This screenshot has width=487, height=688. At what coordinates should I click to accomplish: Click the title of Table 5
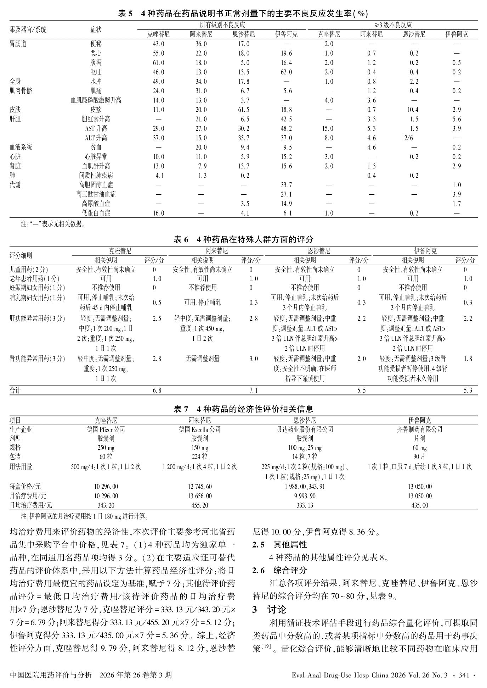click(x=243, y=13)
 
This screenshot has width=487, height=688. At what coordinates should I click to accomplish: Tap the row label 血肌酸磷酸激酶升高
click(x=96, y=100)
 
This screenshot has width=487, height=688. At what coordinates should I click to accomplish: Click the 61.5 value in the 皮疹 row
click(x=243, y=110)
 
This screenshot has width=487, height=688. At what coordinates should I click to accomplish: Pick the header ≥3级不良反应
click(x=393, y=25)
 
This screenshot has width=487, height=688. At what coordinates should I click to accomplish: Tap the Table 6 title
click(x=243, y=239)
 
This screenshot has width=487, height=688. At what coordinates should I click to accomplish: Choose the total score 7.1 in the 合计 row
click(x=254, y=390)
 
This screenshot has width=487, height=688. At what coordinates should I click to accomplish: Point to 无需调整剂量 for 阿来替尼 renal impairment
click(x=203, y=359)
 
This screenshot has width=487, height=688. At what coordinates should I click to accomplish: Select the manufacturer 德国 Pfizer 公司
click(x=106, y=429)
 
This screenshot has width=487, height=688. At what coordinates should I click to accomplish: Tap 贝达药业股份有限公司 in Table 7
click(x=305, y=429)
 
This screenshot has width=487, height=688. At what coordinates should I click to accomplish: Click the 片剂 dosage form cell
click(x=419, y=438)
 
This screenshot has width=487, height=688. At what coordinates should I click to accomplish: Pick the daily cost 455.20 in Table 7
click(x=200, y=505)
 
